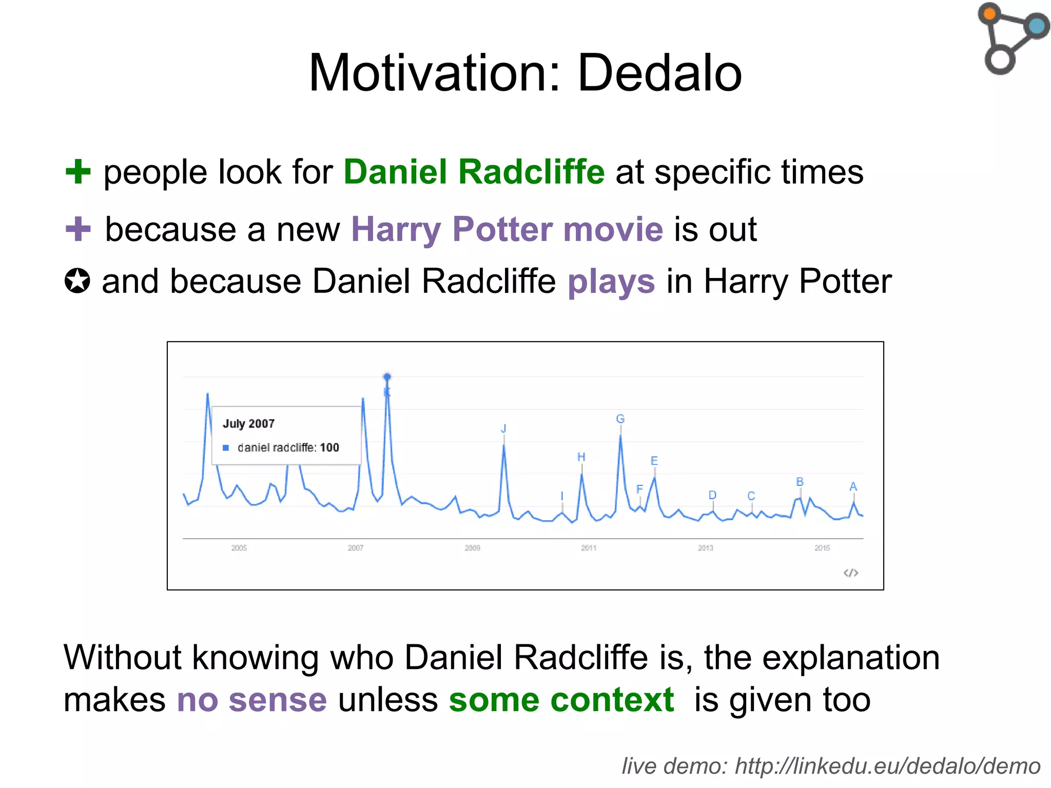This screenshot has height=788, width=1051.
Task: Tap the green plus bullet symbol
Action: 78,172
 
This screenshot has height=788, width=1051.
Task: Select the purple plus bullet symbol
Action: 78,229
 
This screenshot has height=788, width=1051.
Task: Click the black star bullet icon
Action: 77,281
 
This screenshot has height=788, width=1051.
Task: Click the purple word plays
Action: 611,282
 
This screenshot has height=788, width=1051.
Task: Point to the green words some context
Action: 561,700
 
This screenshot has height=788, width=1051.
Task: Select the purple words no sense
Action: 251,700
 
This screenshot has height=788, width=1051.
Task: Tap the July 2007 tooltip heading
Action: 248,424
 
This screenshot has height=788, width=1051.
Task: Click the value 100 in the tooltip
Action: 329,448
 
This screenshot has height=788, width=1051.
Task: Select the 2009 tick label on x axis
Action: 472,548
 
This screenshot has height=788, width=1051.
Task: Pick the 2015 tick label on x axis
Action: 822,548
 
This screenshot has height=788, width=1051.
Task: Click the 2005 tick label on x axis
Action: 239,548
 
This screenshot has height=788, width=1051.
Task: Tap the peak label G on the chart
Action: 620,419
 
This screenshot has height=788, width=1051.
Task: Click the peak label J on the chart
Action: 503,428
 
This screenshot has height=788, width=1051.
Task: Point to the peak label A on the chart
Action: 853,486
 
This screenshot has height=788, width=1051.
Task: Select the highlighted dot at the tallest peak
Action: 387,377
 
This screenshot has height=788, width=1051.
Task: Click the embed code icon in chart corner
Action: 851,573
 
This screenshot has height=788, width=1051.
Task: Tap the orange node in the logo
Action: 990,13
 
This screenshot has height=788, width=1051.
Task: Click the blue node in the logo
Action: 1037,26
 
